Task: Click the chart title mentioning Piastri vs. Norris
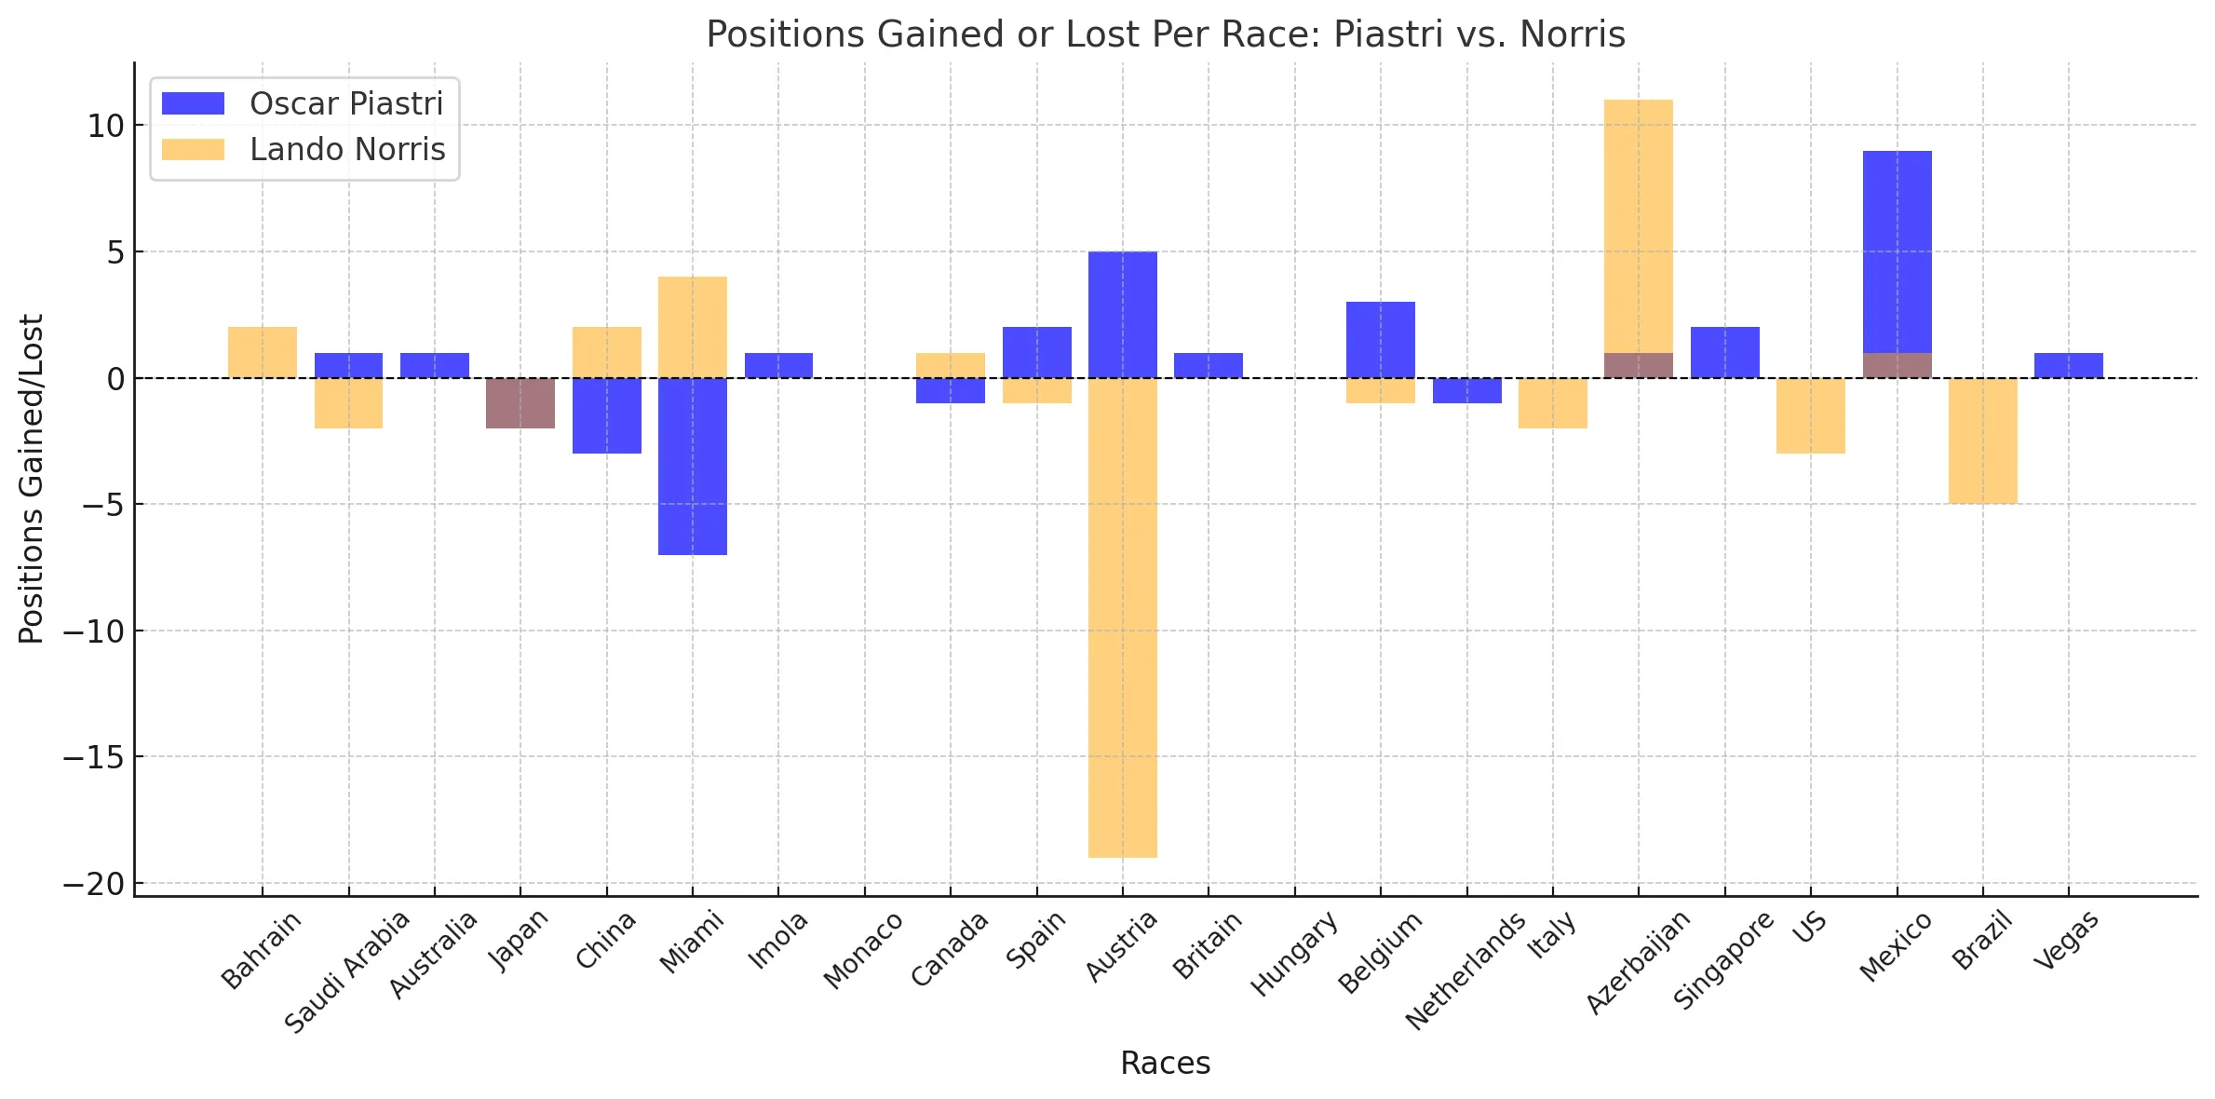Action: click(1165, 34)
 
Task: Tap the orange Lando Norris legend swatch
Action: click(193, 149)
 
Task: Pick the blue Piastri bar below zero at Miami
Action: click(692, 466)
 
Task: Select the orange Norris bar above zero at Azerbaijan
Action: click(1638, 224)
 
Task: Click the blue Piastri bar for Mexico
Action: click(1897, 251)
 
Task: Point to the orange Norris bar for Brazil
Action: click(1982, 441)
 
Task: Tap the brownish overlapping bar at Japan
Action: click(520, 402)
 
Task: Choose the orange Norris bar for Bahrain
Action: click(263, 352)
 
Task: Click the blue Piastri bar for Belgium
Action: click(1380, 339)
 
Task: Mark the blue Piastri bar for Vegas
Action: click(2068, 365)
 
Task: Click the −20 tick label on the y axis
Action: click(93, 884)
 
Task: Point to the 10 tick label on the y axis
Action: click(105, 126)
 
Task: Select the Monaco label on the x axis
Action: click(863, 950)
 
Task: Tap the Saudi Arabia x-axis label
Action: click(347, 971)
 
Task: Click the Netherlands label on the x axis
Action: click(1465, 970)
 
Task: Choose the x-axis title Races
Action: click(1165, 1063)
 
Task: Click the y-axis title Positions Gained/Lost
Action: click(31, 479)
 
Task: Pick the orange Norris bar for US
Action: click(1810, 415)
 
